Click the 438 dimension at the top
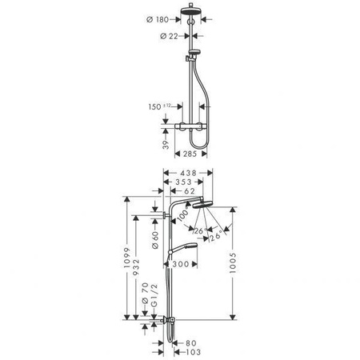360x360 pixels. point(187,173)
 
